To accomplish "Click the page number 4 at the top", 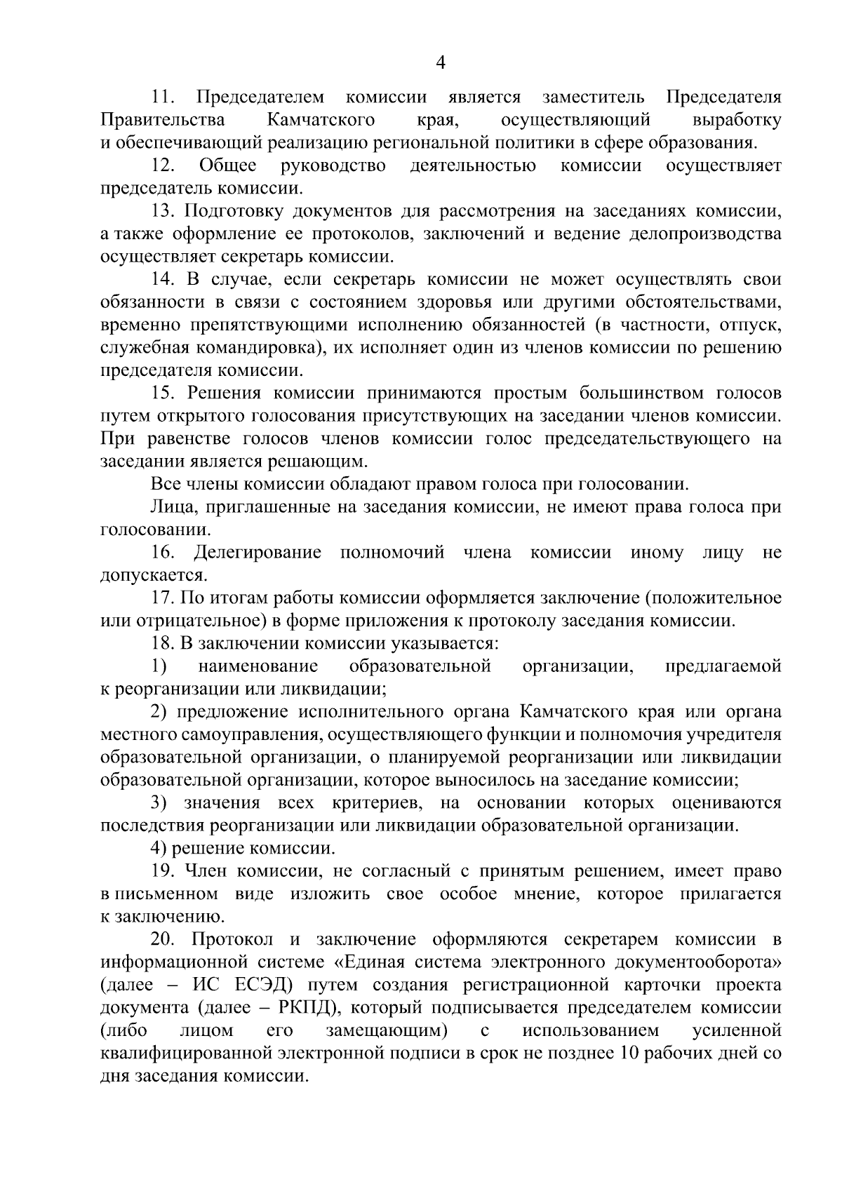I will pos(441,63).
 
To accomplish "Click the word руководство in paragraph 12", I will pos(333,166).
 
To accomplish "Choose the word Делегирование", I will pos(258,553).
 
